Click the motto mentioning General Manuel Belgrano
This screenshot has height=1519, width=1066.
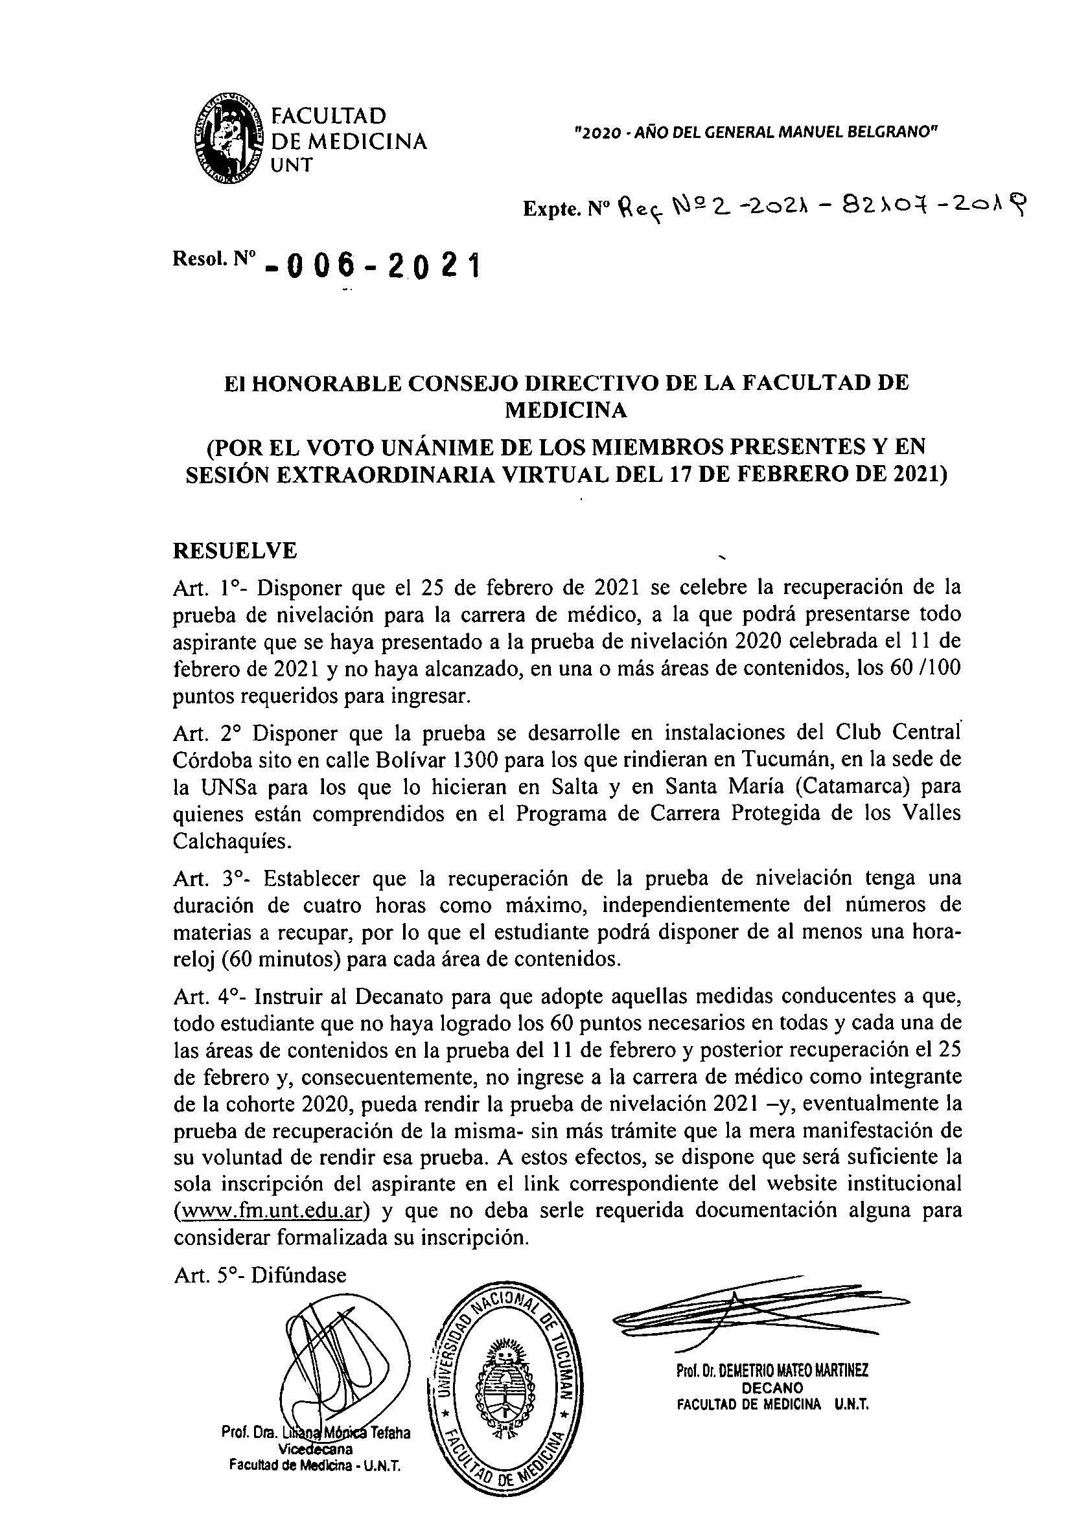756,132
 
